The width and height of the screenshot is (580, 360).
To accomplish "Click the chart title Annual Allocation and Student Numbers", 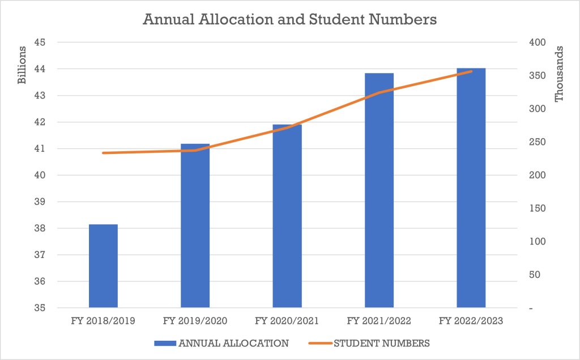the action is [289, 19].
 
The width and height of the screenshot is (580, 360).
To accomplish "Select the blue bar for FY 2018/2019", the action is [103, 265].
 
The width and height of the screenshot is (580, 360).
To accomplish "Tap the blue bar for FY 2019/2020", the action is [195, 225].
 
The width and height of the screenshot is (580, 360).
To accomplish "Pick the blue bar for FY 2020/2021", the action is [287, 216].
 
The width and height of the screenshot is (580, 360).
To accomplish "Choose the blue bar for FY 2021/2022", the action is [379, 190].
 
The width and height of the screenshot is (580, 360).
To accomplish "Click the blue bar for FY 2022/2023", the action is [471, 188].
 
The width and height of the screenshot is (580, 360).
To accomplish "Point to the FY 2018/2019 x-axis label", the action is [103, 320].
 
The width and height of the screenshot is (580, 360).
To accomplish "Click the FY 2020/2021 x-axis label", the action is [287, 320].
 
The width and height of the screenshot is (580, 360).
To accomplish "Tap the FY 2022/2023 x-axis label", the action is [471, 320].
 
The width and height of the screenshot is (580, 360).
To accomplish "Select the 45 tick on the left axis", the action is [40, 42].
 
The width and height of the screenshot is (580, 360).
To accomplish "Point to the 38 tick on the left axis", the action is [40, 228].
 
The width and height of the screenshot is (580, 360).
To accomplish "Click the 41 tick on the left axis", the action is [40, 148].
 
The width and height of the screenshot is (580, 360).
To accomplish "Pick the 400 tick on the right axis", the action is [538, 42].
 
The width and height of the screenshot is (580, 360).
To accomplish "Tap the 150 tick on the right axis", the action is [538, 208].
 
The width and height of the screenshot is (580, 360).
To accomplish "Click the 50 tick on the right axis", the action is [535, 275].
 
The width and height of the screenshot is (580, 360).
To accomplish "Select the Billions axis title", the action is [22, 65].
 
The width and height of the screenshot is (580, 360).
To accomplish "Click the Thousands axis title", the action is [558, 74].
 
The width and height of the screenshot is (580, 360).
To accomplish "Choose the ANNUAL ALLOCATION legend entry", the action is [221, 344].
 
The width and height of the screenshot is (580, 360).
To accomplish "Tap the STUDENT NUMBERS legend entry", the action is [369, 344].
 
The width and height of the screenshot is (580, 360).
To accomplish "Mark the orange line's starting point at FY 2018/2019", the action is [103, 153].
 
